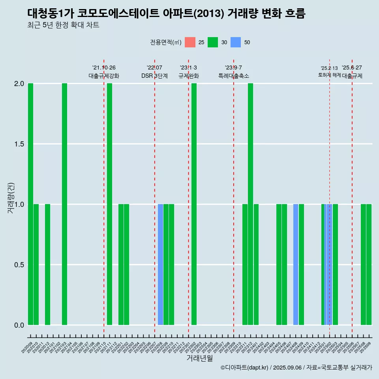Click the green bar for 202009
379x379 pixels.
[30, 204]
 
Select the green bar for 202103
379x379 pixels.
[64, 204]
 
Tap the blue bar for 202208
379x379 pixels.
[160, 265]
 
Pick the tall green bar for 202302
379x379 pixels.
[194, 204]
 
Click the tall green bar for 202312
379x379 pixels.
[250, 204]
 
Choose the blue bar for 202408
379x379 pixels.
[296, 265]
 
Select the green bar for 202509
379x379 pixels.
[369, 265]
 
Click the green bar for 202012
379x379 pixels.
[47, 265]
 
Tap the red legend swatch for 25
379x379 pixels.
[190, 42]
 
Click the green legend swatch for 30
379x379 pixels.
[213, 42]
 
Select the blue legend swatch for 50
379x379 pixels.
[236, 42]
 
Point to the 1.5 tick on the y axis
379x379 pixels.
[19, 144]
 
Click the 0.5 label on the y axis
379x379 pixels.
[19, 265]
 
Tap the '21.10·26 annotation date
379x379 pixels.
[104, 68]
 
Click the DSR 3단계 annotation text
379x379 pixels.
[154, 76]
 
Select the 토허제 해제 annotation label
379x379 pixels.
[329, 75]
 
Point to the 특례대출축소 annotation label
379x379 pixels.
[234, 76]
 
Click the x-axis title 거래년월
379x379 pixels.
[199, 358]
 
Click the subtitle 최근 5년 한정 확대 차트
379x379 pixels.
[63, 25]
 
